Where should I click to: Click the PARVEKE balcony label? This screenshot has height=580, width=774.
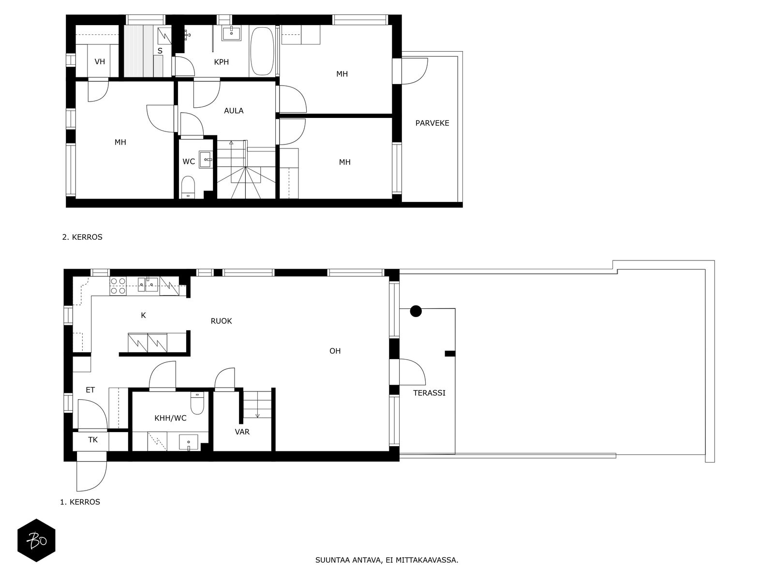pos(432,123)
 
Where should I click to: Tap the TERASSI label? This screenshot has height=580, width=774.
pos(429,392)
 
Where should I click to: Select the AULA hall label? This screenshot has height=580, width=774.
pos(234,111)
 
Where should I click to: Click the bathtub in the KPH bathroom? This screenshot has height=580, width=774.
pos(262,51)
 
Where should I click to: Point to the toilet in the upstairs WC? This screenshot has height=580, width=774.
pos(188,187)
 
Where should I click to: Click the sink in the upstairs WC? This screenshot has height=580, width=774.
pos(206,159)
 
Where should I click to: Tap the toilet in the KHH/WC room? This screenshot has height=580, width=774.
pos(197,403)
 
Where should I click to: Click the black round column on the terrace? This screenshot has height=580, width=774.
pos(416,311)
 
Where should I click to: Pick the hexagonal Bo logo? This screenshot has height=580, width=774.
pos(36,540)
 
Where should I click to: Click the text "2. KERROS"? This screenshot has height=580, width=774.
pos(82,237)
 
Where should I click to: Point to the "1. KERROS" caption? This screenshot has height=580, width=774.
pos(80,502)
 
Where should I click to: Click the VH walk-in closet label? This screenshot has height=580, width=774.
pos(100,62)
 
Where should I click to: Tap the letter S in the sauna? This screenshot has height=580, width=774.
pos(160,51)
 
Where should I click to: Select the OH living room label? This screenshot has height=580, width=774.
pos(335,351)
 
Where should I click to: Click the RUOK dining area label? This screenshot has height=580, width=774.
pos(221,321)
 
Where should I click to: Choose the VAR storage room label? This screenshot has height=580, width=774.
pos(242,432)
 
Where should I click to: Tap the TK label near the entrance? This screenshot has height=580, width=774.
pos(93,439)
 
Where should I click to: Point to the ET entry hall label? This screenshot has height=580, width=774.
pos(90,390)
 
